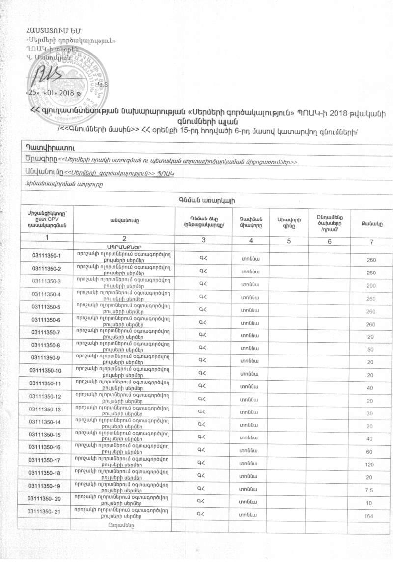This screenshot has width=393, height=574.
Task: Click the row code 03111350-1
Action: click(46, 256)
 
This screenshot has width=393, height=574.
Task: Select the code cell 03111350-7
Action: click(46, 332)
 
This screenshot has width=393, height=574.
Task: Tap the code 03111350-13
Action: click(45, 409)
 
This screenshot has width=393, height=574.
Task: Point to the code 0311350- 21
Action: click(45, 512)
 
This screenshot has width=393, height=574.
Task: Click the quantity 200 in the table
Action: click(371, 285)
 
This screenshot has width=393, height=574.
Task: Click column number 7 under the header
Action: click(371, 241)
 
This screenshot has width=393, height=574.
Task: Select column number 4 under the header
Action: click(251, 241)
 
